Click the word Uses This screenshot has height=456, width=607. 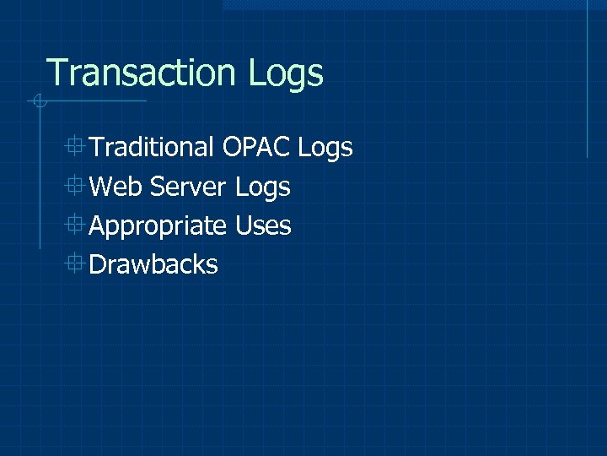click(x=263, y=226)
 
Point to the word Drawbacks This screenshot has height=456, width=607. click(x=153, y=265)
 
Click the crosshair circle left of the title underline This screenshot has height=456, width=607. click(x=38, y=102)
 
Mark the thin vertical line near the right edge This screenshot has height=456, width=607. click(x=587, y=80)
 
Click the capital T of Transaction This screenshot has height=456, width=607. click(x=56, y=73)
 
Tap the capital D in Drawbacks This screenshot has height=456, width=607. click(x=98, y=265)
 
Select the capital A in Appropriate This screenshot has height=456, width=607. click(x=98, y=226)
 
